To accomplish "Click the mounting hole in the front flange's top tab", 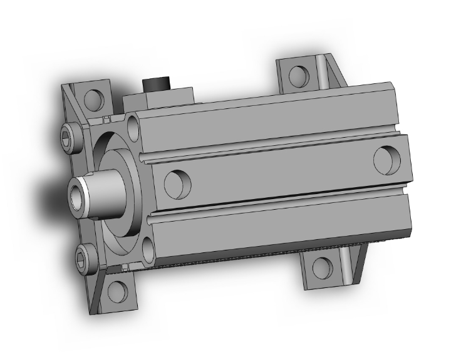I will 93,98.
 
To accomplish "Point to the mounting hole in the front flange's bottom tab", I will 117,291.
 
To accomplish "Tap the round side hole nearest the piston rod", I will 176,183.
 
